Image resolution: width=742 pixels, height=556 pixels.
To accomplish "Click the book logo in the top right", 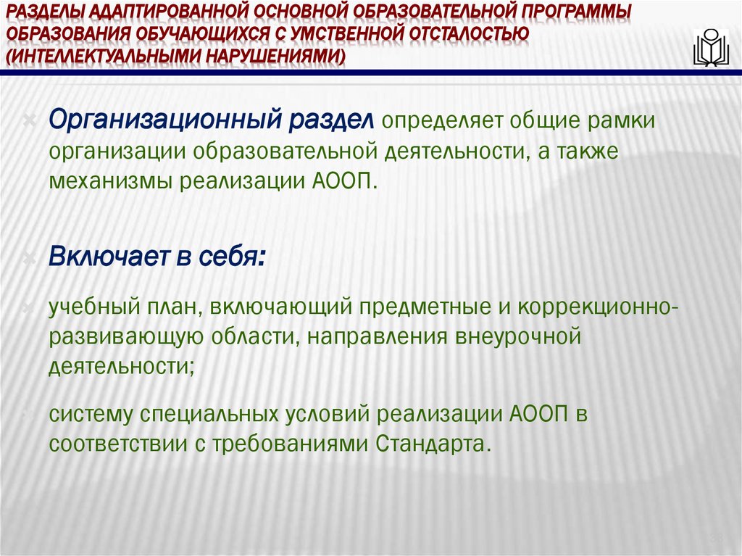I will coord(711,49).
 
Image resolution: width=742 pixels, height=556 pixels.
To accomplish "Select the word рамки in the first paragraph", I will coord(619,120).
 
